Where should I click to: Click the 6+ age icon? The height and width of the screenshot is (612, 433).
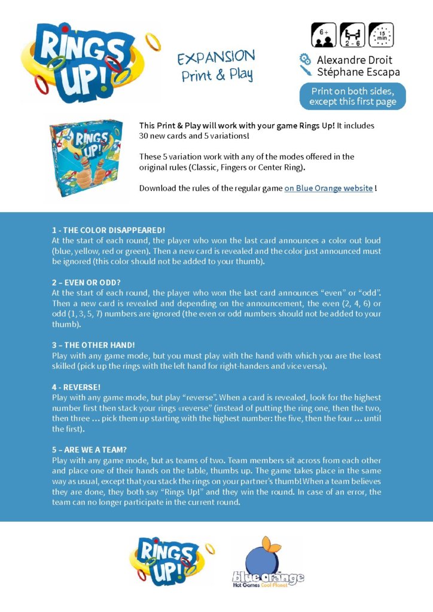coord(323,35)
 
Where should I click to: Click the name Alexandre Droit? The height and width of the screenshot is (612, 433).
coord(354,60)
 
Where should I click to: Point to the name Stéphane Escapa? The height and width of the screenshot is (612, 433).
coord(358,72)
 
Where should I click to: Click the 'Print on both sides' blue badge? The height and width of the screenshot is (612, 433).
coord(352,96)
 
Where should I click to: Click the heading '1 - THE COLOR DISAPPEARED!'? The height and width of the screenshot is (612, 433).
coord(108,230)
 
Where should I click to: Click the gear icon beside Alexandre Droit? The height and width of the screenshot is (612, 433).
coord(305,59)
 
